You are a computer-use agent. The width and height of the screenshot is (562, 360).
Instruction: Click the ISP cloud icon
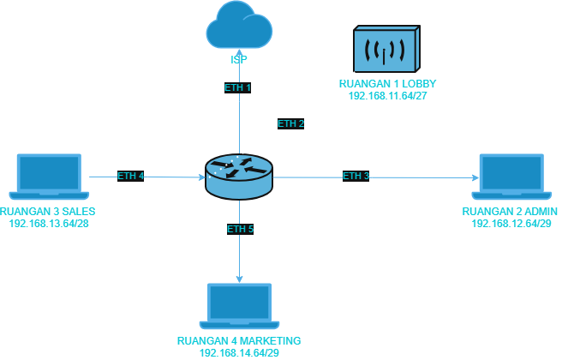pyautogui.click(x=239, y=24)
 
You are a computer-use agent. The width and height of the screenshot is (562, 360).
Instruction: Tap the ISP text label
pyautogui.click(x=239, y=59)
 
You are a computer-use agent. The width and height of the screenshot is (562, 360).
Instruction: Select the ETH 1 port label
pyautogui.click(x=237, y=87)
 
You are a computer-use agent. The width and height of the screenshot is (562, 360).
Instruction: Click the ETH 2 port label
pyautogui.click(x=290, y=124)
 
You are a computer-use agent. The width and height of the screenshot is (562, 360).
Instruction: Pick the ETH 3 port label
pyautogui.click(x=356, y=176)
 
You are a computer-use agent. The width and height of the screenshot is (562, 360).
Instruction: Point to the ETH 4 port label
pyautogui.click(x=130, y=176)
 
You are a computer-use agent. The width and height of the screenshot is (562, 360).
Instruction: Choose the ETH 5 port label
pyautogui.click(x=240, y=229)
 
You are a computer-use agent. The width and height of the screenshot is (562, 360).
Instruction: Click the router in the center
pyautogui.click(x=239, y=177)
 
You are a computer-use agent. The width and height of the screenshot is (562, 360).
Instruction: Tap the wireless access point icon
pyautogui.click(x=386, y=49)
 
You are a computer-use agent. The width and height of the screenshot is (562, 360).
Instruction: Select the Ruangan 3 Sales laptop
pyautogui.click(x=49, y=177)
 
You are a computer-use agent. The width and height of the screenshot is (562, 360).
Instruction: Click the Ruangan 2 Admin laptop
pyautogui.click(x=511, y=177)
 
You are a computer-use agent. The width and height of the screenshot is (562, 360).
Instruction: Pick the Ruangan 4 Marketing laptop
pyautogui.click(x=239, y=306)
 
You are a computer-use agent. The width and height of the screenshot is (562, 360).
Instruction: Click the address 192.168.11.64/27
pyautogui.click(x=388, y=96)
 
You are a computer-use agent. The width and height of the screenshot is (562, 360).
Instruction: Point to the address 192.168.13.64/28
pyautogui.click(x=49, y=224)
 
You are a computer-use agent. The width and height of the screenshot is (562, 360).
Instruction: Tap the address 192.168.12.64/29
pyautogui.click(x=511, y=224)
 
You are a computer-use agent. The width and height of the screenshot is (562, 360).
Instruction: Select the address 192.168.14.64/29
pyautogui.click(x=239, y=353)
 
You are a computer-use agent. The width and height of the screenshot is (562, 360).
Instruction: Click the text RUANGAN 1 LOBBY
pyautogui.click(x=388, y=84)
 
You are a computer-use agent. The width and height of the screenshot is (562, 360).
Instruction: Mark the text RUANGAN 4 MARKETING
pyautogui.click(x=239, y=340)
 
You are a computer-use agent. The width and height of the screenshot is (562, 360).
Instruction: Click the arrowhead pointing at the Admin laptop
pyautogui.click(x=475, y=177)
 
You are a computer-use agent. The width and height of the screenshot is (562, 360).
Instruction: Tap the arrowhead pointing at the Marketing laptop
pyautogui.click(x=239, y=279)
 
